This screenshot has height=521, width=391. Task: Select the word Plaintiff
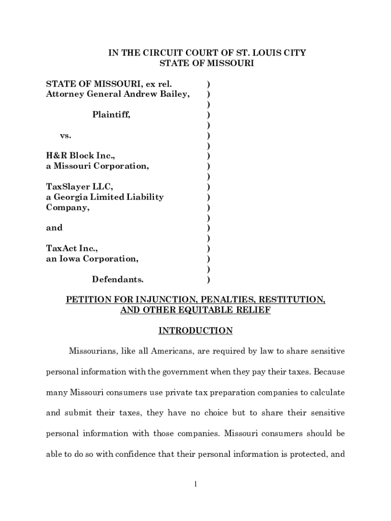tap(111, 115)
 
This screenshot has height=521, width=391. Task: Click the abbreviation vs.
tap(66, 136)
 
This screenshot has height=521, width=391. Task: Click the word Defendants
tap(117, 279)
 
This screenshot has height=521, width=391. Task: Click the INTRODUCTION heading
tap(195, 331)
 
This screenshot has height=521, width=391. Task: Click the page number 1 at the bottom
tap(195, 484)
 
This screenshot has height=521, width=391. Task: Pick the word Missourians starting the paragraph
tap(93, 352)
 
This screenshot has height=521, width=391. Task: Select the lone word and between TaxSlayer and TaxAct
tap(54, 228)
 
